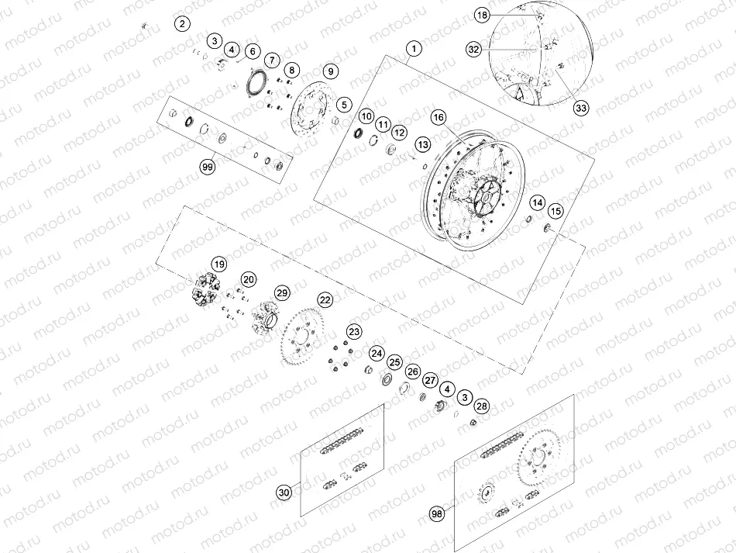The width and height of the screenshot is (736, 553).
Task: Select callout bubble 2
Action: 182,23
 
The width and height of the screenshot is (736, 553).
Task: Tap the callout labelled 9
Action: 330,71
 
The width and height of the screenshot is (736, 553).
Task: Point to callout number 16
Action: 439,117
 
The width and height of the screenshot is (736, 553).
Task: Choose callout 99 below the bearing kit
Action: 207,167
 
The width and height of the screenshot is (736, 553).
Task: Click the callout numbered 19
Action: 219,263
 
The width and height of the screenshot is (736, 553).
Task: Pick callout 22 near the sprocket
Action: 325,299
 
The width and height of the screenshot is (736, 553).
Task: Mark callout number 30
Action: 284,492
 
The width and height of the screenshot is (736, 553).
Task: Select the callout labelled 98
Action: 439,513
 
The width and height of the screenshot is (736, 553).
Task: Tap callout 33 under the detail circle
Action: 580,108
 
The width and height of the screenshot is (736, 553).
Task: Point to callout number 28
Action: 482,406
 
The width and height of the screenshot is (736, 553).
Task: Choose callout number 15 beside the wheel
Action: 555,211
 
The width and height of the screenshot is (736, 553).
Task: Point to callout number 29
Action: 281,292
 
